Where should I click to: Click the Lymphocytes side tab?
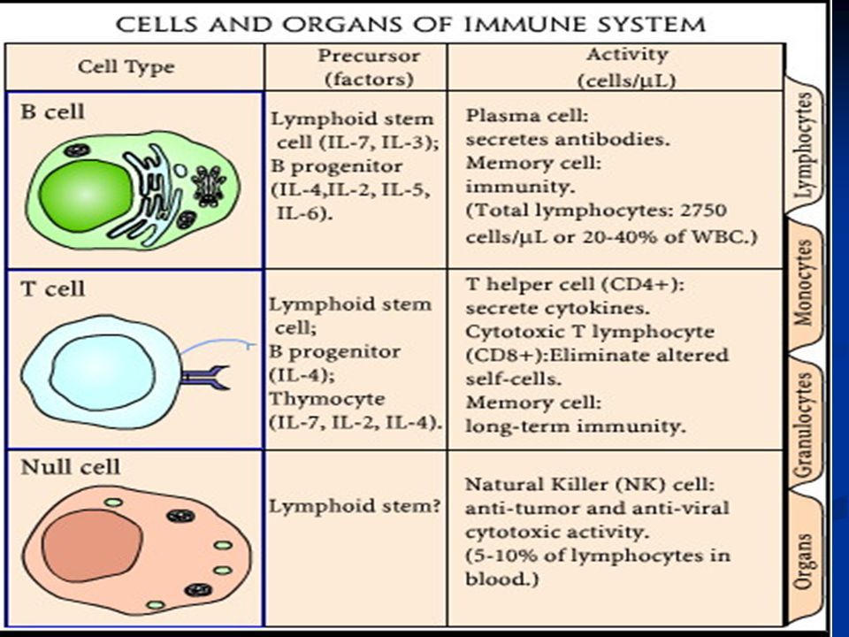tap(805, 146)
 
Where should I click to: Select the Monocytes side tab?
tap(805, 283)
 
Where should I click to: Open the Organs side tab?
tap(805, 561)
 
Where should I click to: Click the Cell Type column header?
tap(126, 67)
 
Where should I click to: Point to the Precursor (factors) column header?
tap(369, 67)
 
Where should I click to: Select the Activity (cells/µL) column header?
tap(627, 67)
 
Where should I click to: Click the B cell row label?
tap(52, 111)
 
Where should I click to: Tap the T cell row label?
tap(52, 288)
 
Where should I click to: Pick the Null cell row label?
tap(71, 467)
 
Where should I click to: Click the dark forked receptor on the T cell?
tap(206, 378)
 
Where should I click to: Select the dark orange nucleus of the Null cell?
tap(92, 546)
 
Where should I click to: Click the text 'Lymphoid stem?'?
tap(355, 507)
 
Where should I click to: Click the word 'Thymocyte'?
tap(327, 399)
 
